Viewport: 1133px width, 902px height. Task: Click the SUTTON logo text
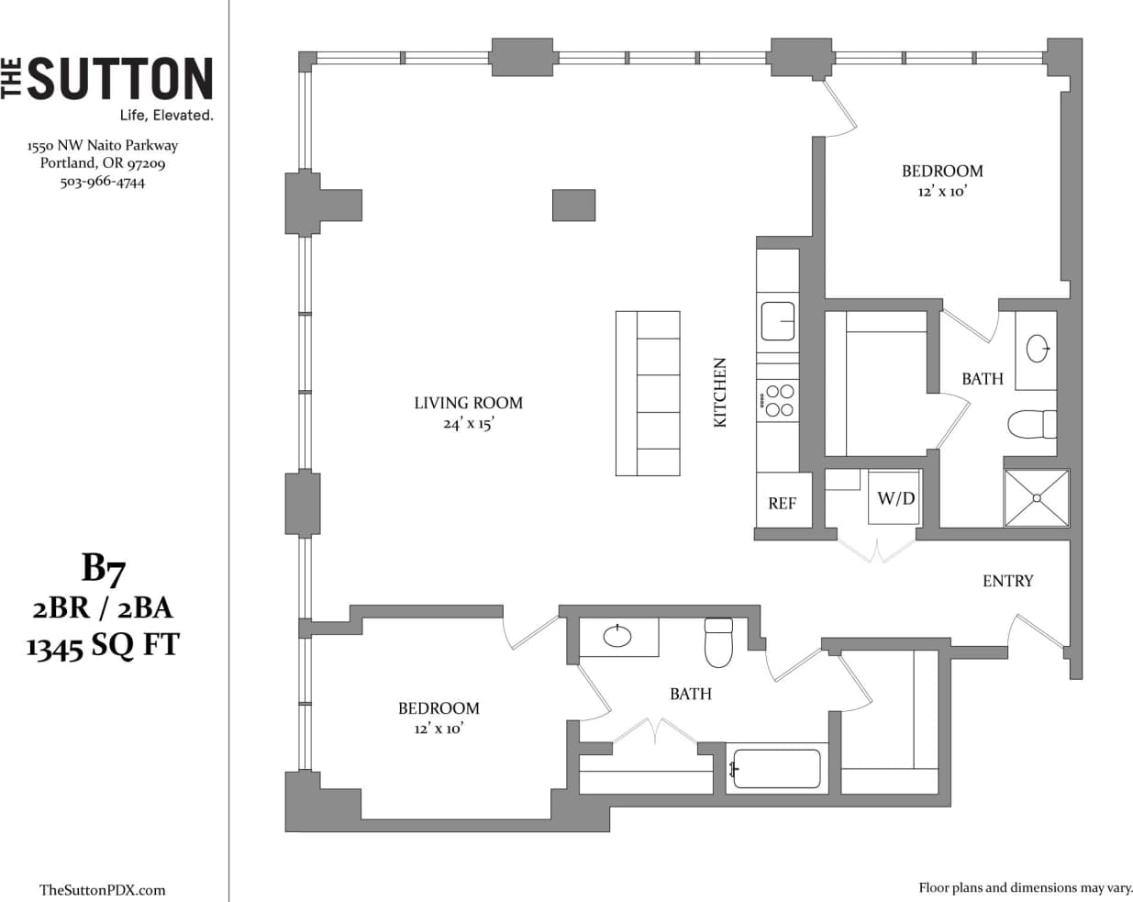(x=119, y=78)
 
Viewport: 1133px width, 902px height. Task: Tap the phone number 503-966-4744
(x=103, y=182)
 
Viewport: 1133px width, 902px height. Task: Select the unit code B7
(x=103, y=569)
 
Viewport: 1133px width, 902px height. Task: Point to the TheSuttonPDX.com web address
(x=103, y=889)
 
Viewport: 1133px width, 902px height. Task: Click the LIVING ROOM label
(x=468, y=403)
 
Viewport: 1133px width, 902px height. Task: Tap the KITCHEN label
(x=720, y=392)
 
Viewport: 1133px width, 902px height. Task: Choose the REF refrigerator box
(x=783, y=503)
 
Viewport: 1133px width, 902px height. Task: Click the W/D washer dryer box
(x=895, y=498)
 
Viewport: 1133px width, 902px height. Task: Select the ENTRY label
(x=1007, y=581)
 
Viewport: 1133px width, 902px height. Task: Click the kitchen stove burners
(x=779, y=401)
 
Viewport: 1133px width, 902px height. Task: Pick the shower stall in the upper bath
(x=1037, y=498)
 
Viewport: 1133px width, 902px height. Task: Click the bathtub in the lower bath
(x=776, y=769)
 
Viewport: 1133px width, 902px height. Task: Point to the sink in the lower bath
(x=617, y=635)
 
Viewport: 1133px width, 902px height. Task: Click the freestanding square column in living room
(x=573, y=205)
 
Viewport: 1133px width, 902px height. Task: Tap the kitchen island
(x=648, y=393)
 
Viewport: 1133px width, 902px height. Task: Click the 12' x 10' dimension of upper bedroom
(x=942, y=193)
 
